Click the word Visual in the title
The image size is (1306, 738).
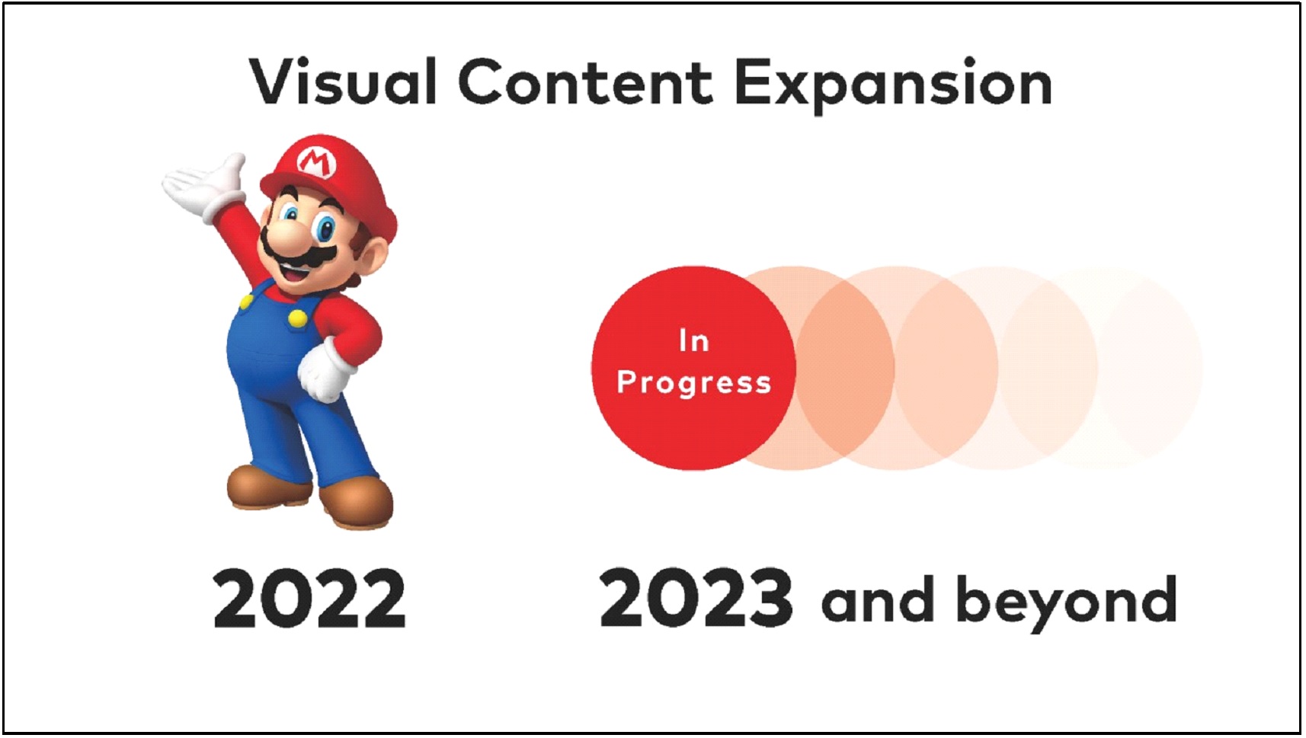[343, 81]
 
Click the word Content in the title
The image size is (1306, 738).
[585, 81]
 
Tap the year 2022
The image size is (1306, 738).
[309, 599]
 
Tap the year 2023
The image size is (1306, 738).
[696, 599]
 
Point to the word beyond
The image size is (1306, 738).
[1066, 603]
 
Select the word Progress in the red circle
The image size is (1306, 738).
[694, 384]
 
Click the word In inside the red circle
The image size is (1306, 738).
[694, 340]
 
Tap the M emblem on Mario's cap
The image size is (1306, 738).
[315, 161]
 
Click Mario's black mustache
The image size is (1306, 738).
[298, 251]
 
